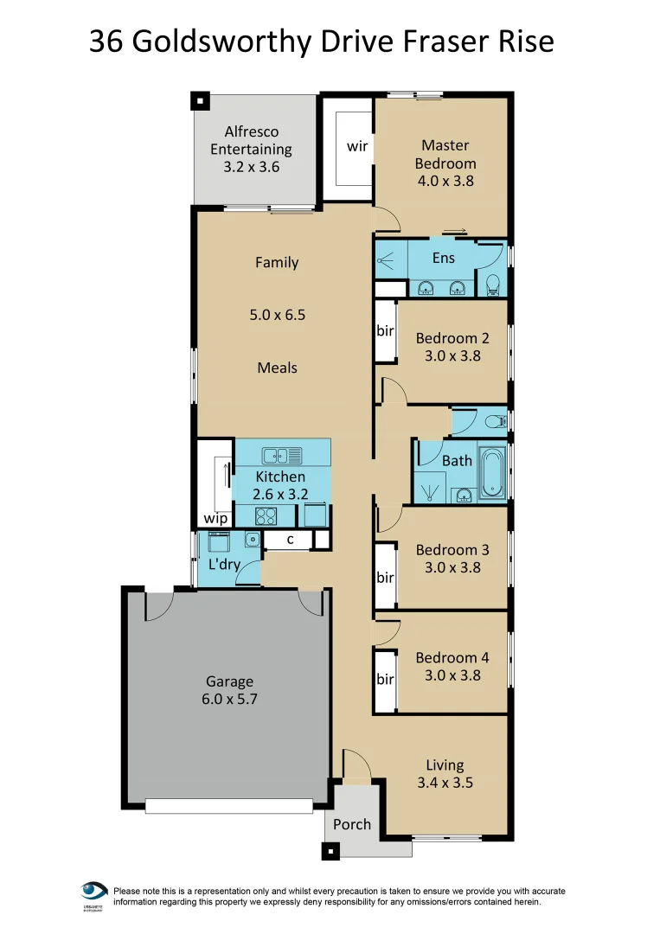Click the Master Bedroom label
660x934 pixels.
(445, 155)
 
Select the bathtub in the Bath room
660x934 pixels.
(492, 473)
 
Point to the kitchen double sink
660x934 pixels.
(281, 455)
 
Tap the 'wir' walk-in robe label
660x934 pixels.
(357, 146)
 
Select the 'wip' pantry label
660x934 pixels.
(215, 519)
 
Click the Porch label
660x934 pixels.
(352, 824)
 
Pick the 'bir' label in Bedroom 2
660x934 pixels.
(385, 331)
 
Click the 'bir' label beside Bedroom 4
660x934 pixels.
(385, 680)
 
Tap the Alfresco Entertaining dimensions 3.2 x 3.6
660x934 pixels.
(252, 168)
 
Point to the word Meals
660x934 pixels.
(277, 368)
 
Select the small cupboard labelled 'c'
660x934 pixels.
(291, 541)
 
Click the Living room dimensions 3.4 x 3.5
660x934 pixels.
(445, 784)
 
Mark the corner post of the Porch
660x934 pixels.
(329, 851)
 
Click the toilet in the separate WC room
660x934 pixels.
(495, 422)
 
